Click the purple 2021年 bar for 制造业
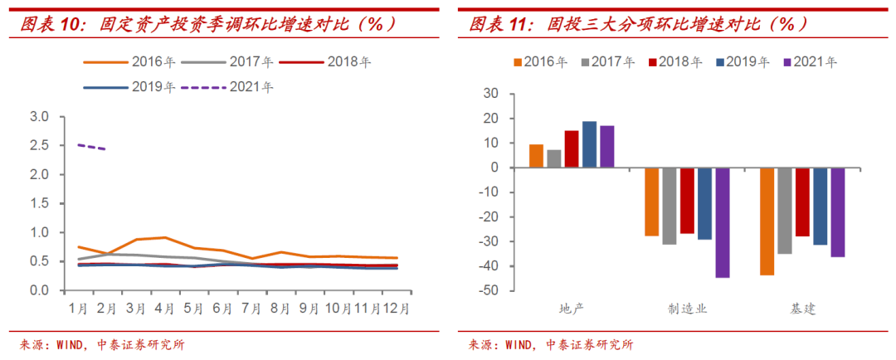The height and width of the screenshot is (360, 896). click(723, 222)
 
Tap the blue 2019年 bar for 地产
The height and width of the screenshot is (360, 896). click(589, 144)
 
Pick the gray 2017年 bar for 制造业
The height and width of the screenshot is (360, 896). click(670, 206)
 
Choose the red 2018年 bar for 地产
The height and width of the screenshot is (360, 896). click(572, 148)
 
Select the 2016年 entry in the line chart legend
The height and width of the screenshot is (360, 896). click(129, 61)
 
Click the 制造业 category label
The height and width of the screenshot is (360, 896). click(688, 309)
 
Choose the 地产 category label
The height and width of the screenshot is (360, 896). click(572, 309)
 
